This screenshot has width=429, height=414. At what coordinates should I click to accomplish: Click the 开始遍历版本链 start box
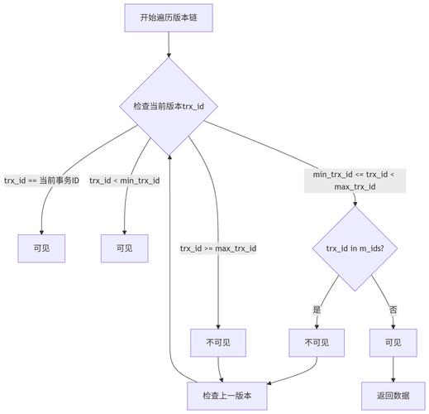(169, 17)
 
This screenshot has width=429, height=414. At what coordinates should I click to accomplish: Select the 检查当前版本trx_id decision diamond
(169, 106)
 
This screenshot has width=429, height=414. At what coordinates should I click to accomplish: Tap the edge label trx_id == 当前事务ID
(41, 180)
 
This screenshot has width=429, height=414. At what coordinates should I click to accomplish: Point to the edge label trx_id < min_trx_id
(124, 180)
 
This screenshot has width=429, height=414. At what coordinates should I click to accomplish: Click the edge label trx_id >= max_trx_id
(218, 248)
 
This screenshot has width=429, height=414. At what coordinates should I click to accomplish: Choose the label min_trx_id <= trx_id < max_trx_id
(355, 181)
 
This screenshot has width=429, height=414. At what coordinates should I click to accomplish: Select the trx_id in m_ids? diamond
(355, 248)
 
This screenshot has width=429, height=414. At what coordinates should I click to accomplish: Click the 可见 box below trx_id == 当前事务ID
(41, 248)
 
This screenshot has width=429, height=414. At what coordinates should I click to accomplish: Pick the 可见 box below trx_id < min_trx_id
(124, 248)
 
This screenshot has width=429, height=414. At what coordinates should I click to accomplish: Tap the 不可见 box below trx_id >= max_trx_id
(218, 342)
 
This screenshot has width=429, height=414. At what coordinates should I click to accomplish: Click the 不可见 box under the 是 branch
(317, 342)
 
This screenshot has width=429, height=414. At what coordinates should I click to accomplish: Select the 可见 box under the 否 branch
(393, 342)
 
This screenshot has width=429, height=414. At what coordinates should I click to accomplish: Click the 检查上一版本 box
(227, 396)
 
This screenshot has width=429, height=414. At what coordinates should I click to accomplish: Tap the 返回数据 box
(393, 396)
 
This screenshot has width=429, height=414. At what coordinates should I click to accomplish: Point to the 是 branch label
(317, 310)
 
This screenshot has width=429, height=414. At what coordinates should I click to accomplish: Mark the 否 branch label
(393, 310)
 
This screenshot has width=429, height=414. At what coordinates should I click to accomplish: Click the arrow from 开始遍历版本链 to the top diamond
(169, 45)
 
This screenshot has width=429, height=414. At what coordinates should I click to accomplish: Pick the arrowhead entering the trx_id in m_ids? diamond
(355, 202)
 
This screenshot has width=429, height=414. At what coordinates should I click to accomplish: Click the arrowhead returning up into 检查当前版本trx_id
(169, 157)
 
